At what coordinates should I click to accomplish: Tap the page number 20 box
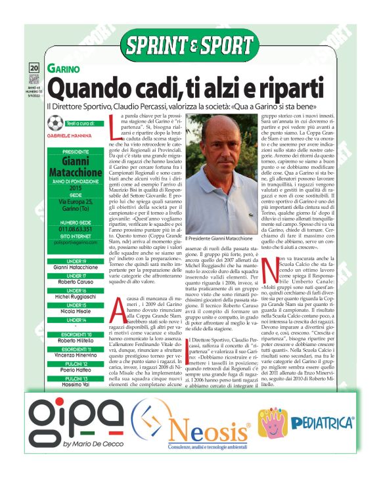[34, 68]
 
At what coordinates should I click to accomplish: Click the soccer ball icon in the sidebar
[37, 123]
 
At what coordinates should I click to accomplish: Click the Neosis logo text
[208, 433]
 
